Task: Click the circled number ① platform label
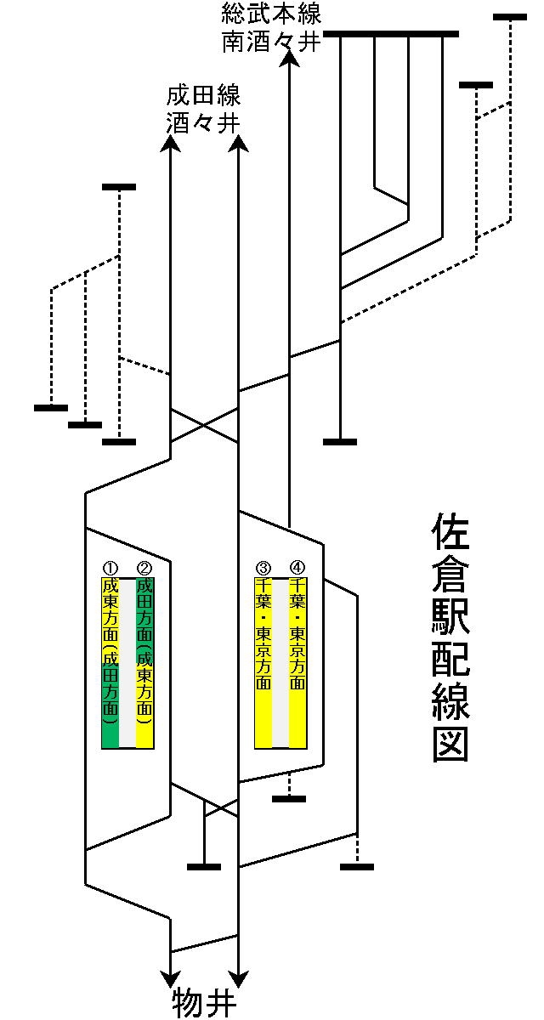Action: tap(110, 568)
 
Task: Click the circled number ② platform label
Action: tap(144, 568)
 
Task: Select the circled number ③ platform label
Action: tap(263, 568)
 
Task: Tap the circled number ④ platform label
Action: tap(297, 568)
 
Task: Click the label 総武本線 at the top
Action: tap(270, 14)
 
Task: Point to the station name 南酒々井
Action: tap(270, 42)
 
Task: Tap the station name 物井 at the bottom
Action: tap(204, 1004)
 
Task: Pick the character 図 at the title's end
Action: tap(450, 744)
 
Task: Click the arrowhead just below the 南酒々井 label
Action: tap(290, 58)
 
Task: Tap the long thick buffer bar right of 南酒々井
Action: tap(391, 34)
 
